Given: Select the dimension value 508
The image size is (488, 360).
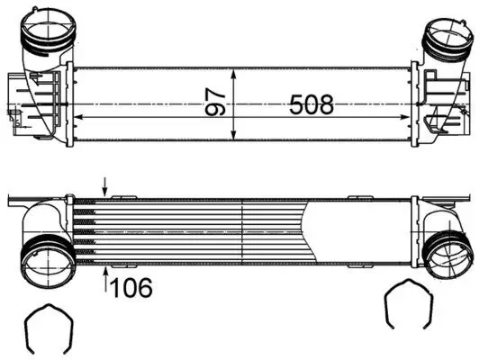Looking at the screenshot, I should click(x=312, y=104).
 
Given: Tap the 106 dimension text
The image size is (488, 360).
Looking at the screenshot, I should click(x=132, y=287).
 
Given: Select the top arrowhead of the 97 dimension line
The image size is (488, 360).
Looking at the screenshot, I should click(x=235, y=72).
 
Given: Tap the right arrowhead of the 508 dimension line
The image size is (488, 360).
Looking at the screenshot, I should click(x=407, y=116).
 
